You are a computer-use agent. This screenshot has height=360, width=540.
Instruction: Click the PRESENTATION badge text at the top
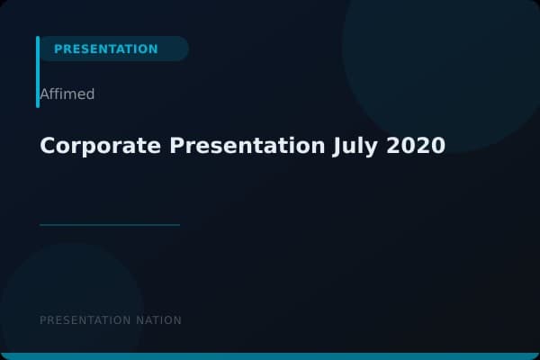coord(105,49)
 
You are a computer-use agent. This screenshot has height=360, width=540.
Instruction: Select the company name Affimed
coord(67,94)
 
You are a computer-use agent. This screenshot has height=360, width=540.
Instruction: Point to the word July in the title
coord(355,146)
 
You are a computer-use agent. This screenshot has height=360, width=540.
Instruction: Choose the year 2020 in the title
coord(416,146)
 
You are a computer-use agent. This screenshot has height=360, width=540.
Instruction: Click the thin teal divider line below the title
coord(110,225)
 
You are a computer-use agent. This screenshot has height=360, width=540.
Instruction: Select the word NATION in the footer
coord(158,320)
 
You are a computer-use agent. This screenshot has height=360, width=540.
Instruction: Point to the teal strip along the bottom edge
coord(270,356)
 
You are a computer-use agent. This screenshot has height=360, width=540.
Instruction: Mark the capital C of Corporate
coord(48,146)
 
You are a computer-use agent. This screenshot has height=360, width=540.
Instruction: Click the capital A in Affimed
coord(44,94)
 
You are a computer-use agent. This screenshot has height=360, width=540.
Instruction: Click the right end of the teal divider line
coord(178,225)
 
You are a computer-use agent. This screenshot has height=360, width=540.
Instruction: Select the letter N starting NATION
coord(139,320)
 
